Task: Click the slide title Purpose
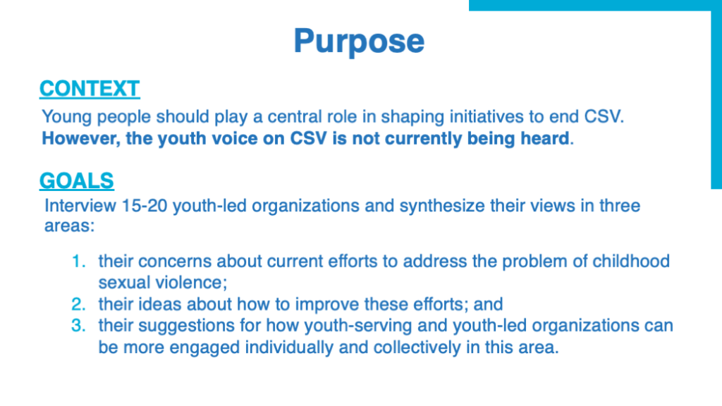click(359, 42)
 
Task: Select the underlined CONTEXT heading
click(90, 88)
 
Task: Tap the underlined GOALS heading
click(76, 180)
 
